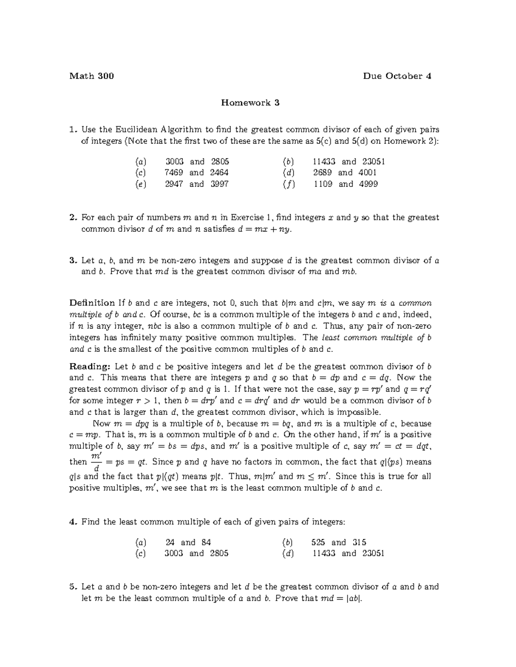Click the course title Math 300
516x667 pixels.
[91, 76]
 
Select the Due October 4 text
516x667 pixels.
[397, 76]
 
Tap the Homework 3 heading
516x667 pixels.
[250, 103]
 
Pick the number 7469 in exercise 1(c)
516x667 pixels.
[174, 173]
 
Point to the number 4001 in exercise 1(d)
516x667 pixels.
[368, 173]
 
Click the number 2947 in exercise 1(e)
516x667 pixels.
[174, 184]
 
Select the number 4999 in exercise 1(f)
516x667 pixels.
[368, 184]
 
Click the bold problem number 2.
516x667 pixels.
[72, 218]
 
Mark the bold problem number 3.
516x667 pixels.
[72, 261]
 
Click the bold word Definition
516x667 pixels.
[92, 303]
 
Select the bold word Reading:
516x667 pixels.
[90, 367]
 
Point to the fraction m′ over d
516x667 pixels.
[96, 462]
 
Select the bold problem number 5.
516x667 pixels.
[72, 587]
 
